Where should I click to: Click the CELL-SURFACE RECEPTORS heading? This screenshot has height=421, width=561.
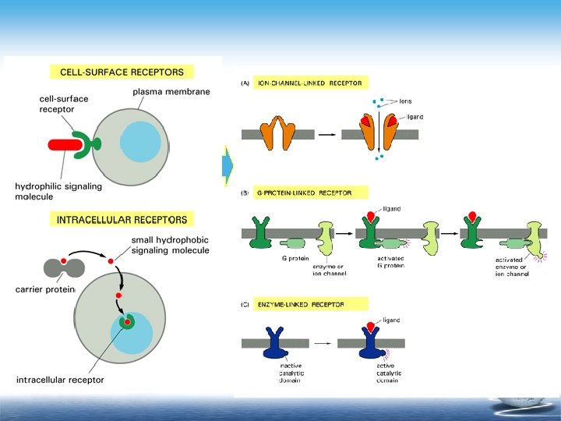tap(122, 73)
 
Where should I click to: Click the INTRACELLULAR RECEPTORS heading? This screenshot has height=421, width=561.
tap(122, 220)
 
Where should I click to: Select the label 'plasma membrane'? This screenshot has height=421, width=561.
tap(171, 92)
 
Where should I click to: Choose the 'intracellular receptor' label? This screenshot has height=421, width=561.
tap(60, 380)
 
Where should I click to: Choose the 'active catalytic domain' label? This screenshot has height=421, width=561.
tap(390, 373)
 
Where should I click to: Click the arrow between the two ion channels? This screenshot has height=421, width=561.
tap(327, 134)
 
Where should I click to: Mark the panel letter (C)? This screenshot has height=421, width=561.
tap(245, 304)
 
